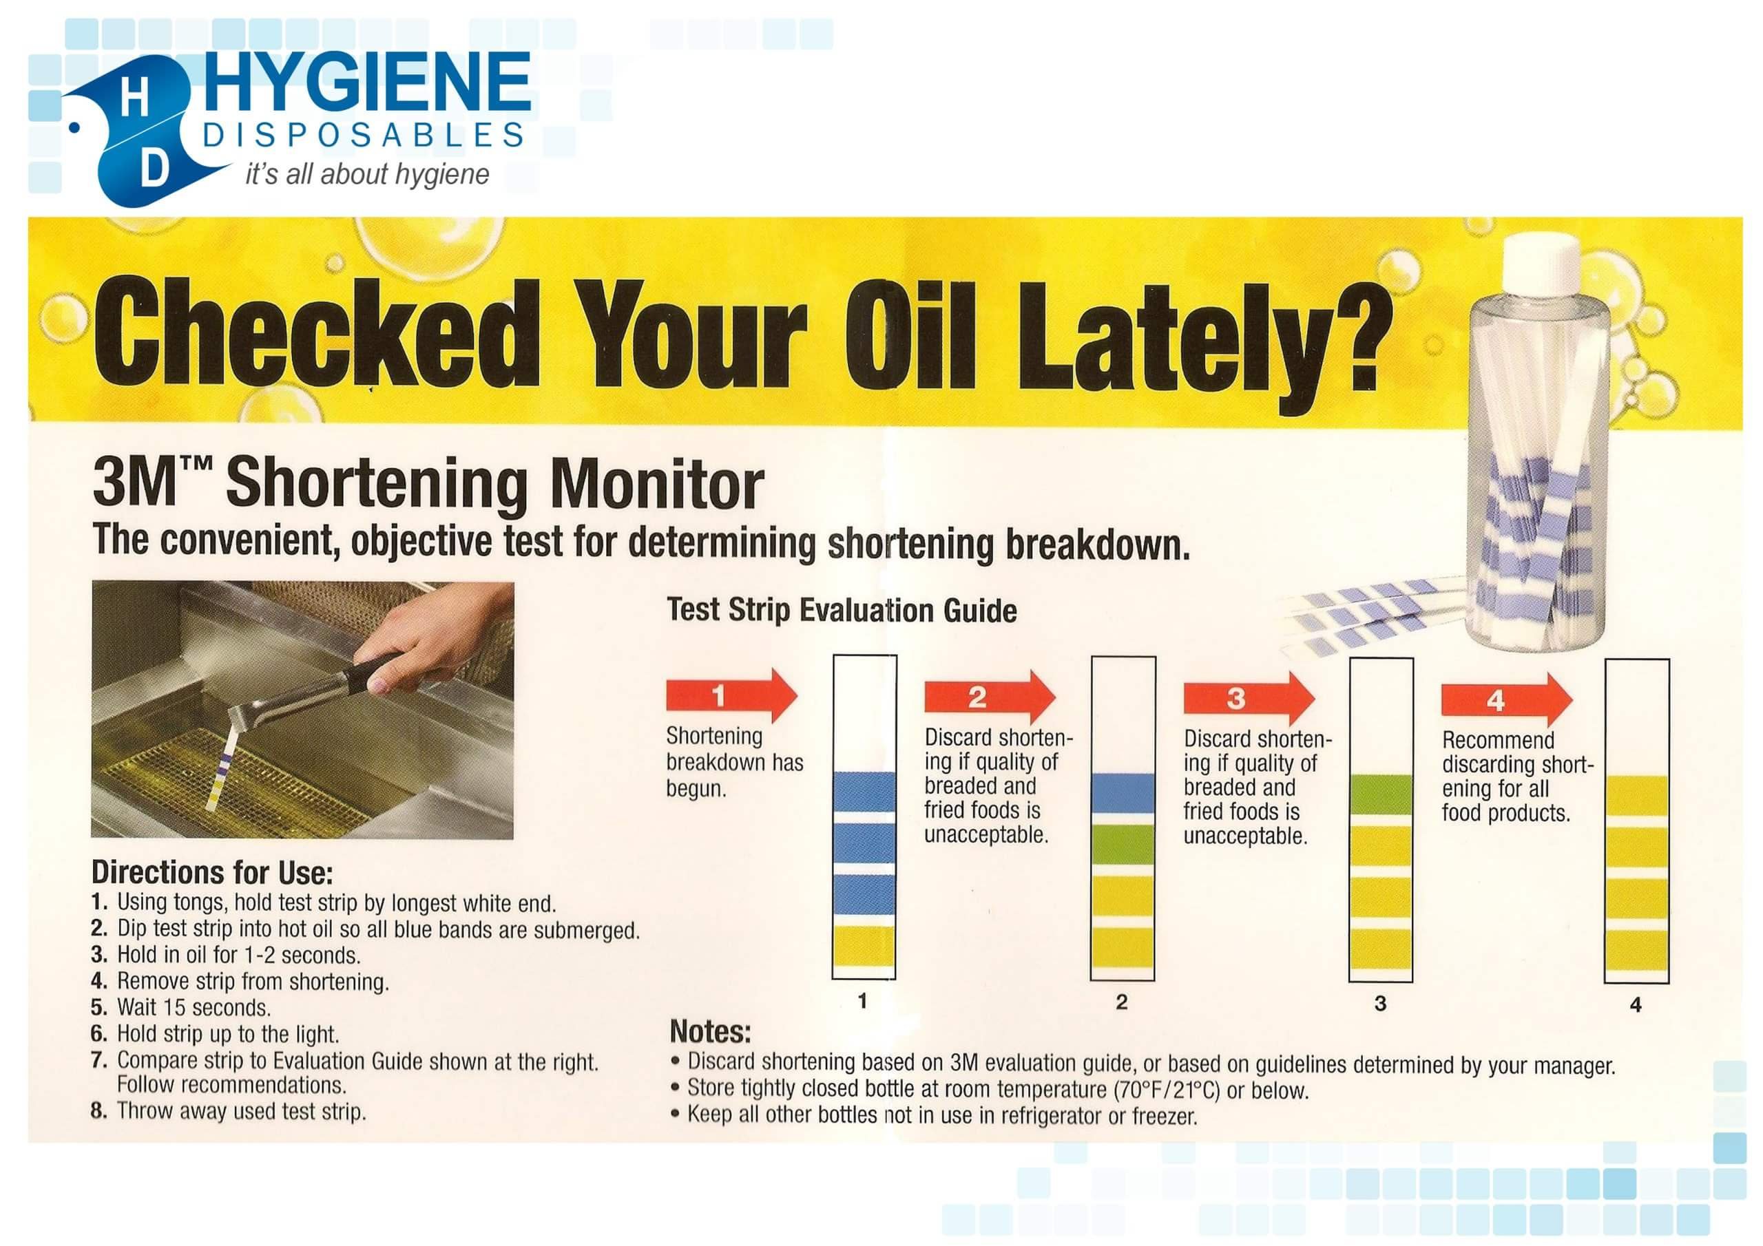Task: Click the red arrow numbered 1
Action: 731,695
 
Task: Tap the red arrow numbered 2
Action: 990,697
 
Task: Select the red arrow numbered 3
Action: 1249,698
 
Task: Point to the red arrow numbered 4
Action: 1507,699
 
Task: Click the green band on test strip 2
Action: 1123,844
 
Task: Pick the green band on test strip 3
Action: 1381,794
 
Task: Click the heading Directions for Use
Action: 212,873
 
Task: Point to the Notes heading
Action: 709,1031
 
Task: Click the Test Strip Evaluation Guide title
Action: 842,611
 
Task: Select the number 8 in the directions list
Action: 98,1111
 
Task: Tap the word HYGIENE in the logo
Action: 367,81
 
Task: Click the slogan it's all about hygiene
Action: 367,174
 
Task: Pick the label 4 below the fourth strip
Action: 1636,1004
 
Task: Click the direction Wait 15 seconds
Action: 194,1007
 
